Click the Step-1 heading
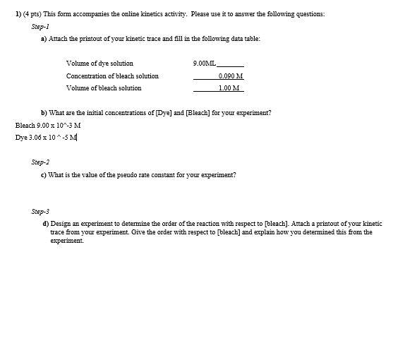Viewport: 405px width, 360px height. click(x=40, y=27)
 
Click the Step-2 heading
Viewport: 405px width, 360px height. click(x=40, y=162)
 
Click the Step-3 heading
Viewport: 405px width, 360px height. click(x=40, y=211)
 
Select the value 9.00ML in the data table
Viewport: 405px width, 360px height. click(x=205, y=64)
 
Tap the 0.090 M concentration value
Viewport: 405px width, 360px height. click(x=231, y=76)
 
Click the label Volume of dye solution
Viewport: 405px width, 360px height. click(x=99, y=64)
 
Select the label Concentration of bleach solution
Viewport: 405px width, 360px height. click(x=112, y=76)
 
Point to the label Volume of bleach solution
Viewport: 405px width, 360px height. click(x=104, y=88)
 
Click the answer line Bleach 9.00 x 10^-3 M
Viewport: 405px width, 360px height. click(x=48, y=125)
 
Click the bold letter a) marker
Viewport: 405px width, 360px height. click(x=44, y=39)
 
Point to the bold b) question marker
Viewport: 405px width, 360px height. click(x=44, y=113)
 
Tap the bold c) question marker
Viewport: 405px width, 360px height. click(x=44, y=174)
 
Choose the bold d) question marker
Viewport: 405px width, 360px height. click(x=45, y=223)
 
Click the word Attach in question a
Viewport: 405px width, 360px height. click(x=58, y=39)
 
